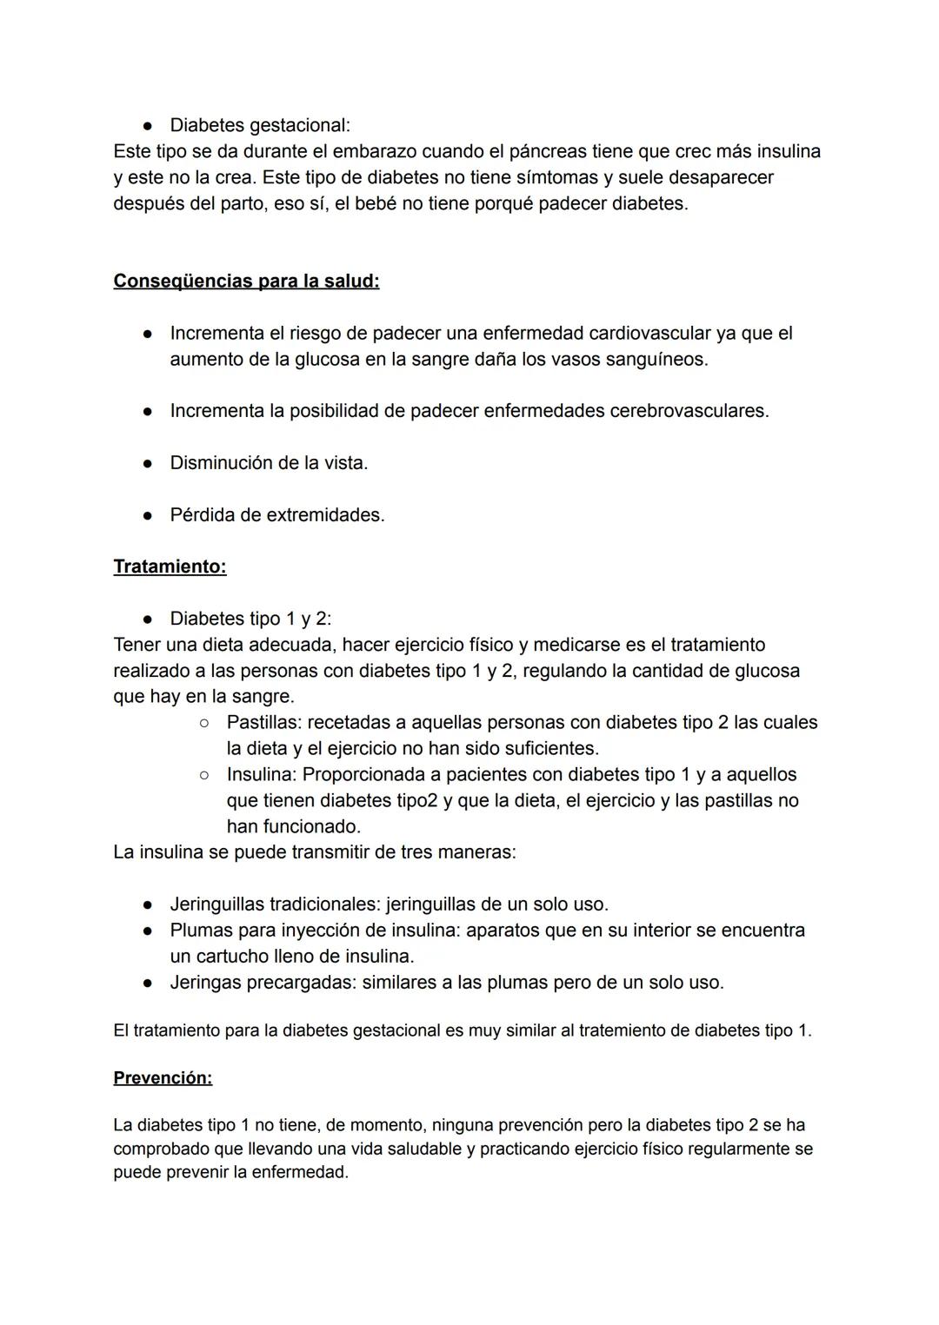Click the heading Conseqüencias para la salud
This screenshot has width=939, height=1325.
[x=246, y=282]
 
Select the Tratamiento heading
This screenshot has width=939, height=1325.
[x=170, y=566]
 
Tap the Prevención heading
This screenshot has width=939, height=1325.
[x=163, y=1077]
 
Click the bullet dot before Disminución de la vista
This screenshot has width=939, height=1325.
[x=149, y=463]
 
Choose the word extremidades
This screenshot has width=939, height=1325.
[x=325, y=514]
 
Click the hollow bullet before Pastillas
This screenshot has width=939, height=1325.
[x=204, y=722]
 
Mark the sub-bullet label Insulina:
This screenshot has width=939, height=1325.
[x=262, y=774]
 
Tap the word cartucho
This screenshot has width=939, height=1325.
[x=236, y=956]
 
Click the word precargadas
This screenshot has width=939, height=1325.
[x=301, y=982]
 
